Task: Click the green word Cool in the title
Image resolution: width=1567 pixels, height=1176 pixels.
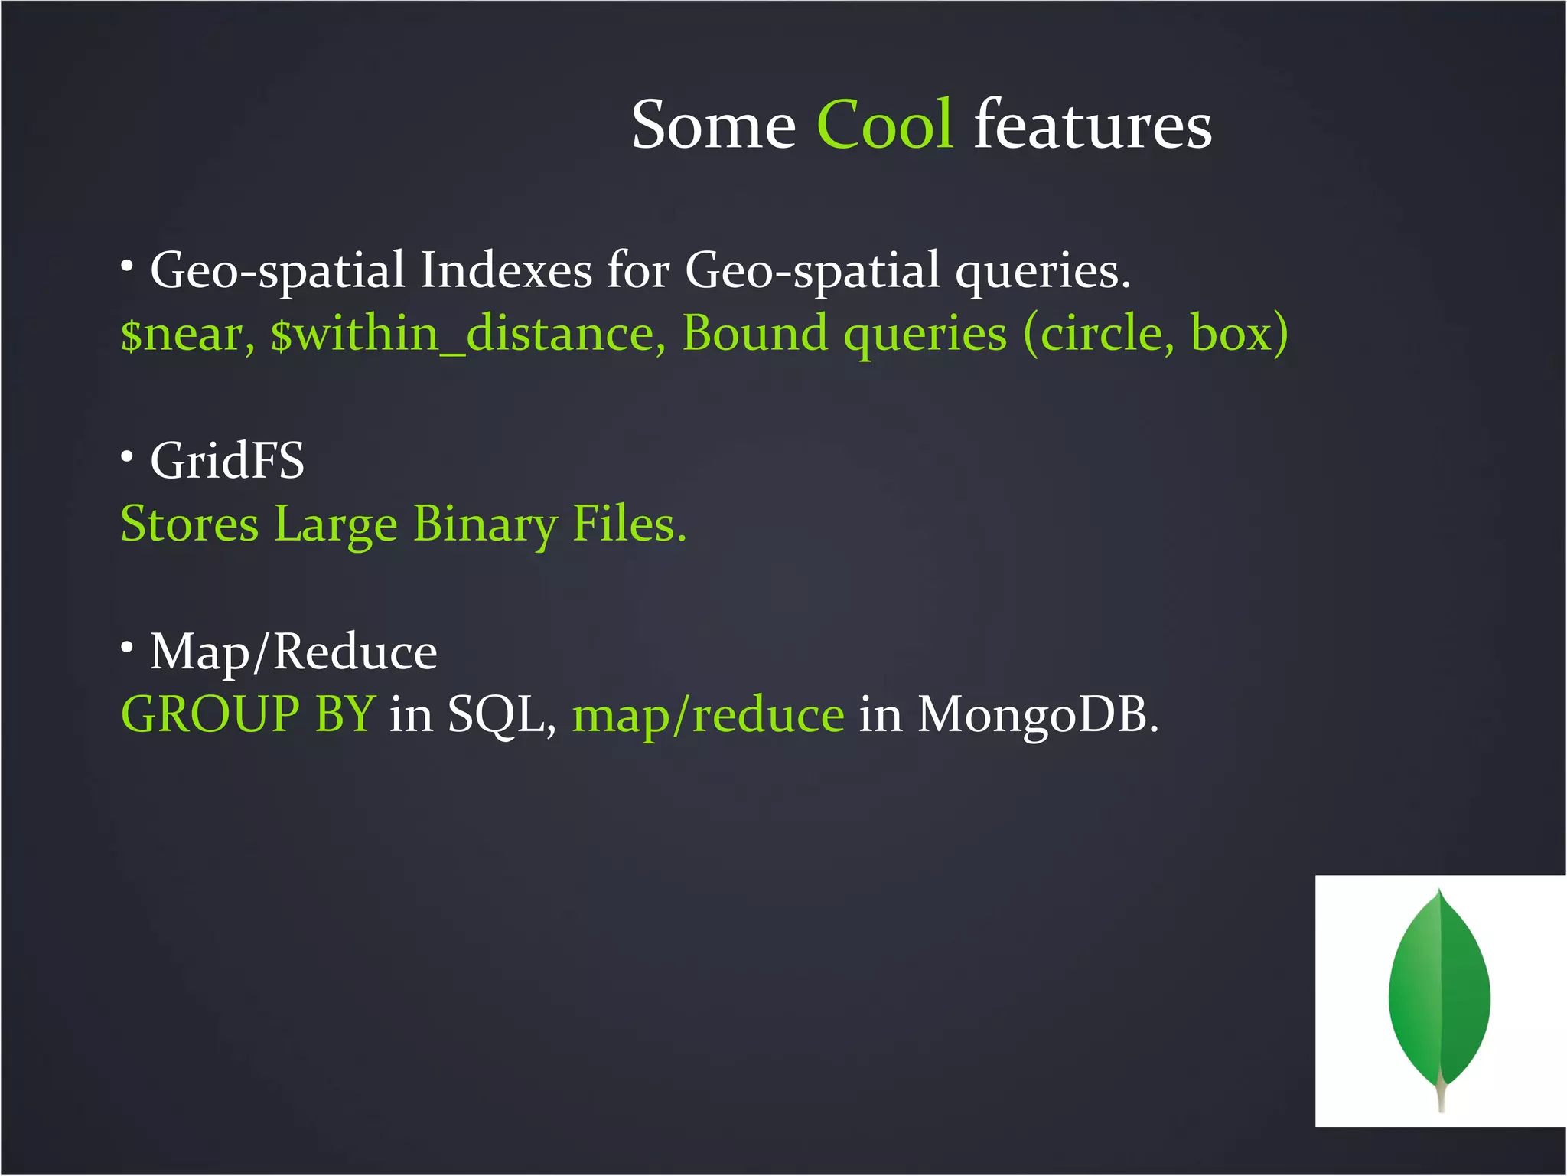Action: point(884,125)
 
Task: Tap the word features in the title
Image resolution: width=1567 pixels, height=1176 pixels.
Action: point(1093,125)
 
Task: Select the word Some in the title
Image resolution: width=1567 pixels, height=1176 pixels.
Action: point(713,125)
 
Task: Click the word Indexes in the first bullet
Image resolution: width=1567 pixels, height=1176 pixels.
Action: point(507,271)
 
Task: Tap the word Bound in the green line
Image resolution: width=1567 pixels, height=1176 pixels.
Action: point(754,334)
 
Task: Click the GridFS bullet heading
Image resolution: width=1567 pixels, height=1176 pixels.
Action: point(227,461)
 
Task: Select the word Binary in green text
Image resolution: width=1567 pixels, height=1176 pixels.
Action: point(485,526)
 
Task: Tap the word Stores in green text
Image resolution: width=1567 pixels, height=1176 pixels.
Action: point(190,524)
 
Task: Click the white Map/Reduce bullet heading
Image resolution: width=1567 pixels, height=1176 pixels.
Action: point(294,652)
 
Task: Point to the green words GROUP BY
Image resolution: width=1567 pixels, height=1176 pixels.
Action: point(248,714)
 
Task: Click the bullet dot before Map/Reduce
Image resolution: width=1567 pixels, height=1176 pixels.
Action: point(127,648)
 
